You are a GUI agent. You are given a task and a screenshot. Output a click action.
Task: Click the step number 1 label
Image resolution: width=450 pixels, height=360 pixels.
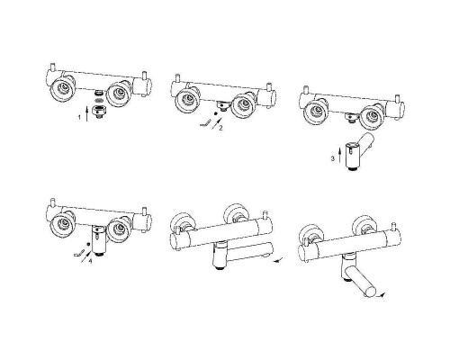pos(79,117)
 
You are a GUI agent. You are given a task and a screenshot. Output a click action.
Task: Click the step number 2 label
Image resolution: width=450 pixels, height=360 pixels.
pos(220,128)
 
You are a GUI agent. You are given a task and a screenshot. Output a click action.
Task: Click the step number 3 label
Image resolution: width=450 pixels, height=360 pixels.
pos(333,158)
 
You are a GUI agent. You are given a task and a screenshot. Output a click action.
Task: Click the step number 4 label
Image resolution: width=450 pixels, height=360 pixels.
pos(90,261)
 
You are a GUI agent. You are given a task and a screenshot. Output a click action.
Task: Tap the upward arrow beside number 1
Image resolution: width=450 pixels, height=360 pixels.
pos(86,113)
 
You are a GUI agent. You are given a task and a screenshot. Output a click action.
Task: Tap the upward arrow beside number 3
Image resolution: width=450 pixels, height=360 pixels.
pos(339,155)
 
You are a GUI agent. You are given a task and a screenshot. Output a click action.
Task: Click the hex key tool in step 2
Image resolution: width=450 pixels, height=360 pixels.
pos(205,123)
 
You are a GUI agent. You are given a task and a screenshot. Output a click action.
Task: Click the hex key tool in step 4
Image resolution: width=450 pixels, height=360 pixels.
pos(78,253)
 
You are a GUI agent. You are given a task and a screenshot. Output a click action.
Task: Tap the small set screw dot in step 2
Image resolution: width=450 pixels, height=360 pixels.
pos(215,114)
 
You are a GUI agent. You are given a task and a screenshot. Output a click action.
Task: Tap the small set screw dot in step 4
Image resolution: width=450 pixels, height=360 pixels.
pos(88,244)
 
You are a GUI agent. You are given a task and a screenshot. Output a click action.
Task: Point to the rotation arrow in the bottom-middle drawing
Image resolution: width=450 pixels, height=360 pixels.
pos(279,260)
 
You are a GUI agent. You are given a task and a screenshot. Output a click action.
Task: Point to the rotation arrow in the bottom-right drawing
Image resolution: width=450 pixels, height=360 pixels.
pos(382,296)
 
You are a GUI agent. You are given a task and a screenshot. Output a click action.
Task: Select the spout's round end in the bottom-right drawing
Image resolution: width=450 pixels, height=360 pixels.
pos(370,292)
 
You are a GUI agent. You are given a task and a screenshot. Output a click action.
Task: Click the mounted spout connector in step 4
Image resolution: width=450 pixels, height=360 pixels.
pos(99,239)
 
